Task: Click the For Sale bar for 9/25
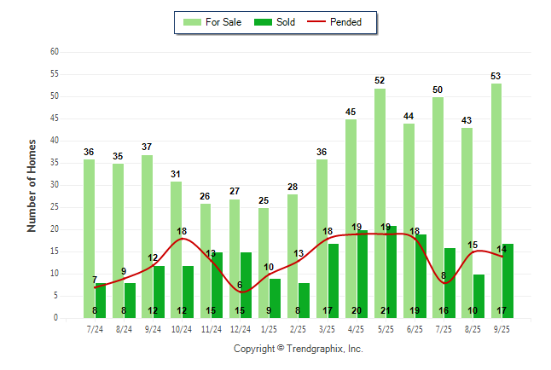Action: point(496,200)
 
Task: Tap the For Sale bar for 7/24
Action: point(89,238)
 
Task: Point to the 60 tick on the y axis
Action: point(54,52)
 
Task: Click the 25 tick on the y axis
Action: point(54,207)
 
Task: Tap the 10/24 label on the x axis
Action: point(181,327)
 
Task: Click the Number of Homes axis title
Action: point(32,185)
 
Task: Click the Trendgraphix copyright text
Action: point(298,349)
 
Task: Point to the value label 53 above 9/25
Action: point(496,76)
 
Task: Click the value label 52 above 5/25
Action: point(380,81)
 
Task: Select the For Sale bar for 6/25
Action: point(409,221)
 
